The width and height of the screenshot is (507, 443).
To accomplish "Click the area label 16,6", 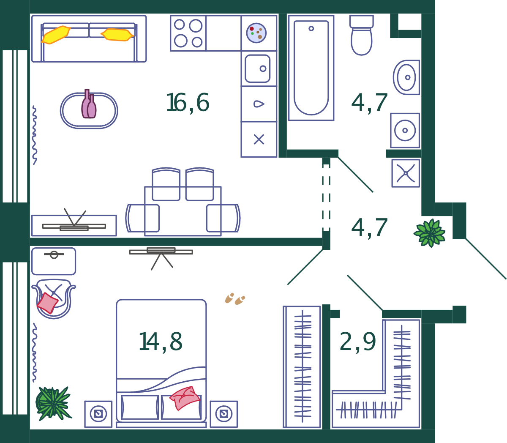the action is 188,103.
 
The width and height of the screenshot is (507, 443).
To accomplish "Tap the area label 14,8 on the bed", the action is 161,342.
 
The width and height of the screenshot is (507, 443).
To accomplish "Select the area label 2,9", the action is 357,342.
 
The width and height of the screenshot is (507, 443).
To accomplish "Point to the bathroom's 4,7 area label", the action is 369,103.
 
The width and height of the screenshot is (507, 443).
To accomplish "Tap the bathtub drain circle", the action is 311,28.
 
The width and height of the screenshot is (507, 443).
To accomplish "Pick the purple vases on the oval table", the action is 89,104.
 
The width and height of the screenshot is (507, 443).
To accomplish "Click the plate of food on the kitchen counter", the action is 256,33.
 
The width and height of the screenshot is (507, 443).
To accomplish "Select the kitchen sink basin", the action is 257,68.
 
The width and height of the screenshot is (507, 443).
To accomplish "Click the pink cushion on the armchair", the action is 47,303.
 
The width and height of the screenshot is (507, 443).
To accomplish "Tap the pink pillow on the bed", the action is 185,398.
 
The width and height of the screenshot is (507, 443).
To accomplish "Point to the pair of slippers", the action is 235,298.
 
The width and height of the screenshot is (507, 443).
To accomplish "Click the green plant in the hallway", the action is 430,233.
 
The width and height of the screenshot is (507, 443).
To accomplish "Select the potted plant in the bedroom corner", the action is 53,404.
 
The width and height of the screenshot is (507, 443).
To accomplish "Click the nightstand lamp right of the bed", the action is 224,414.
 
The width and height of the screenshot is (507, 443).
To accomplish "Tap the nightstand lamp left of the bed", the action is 98,414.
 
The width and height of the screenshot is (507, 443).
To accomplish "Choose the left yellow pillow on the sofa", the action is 56,35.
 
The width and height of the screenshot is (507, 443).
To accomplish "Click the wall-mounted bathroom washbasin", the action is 406,77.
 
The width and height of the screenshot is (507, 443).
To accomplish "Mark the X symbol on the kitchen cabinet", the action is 259,139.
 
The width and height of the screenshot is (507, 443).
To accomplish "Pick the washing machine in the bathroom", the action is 405,130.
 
